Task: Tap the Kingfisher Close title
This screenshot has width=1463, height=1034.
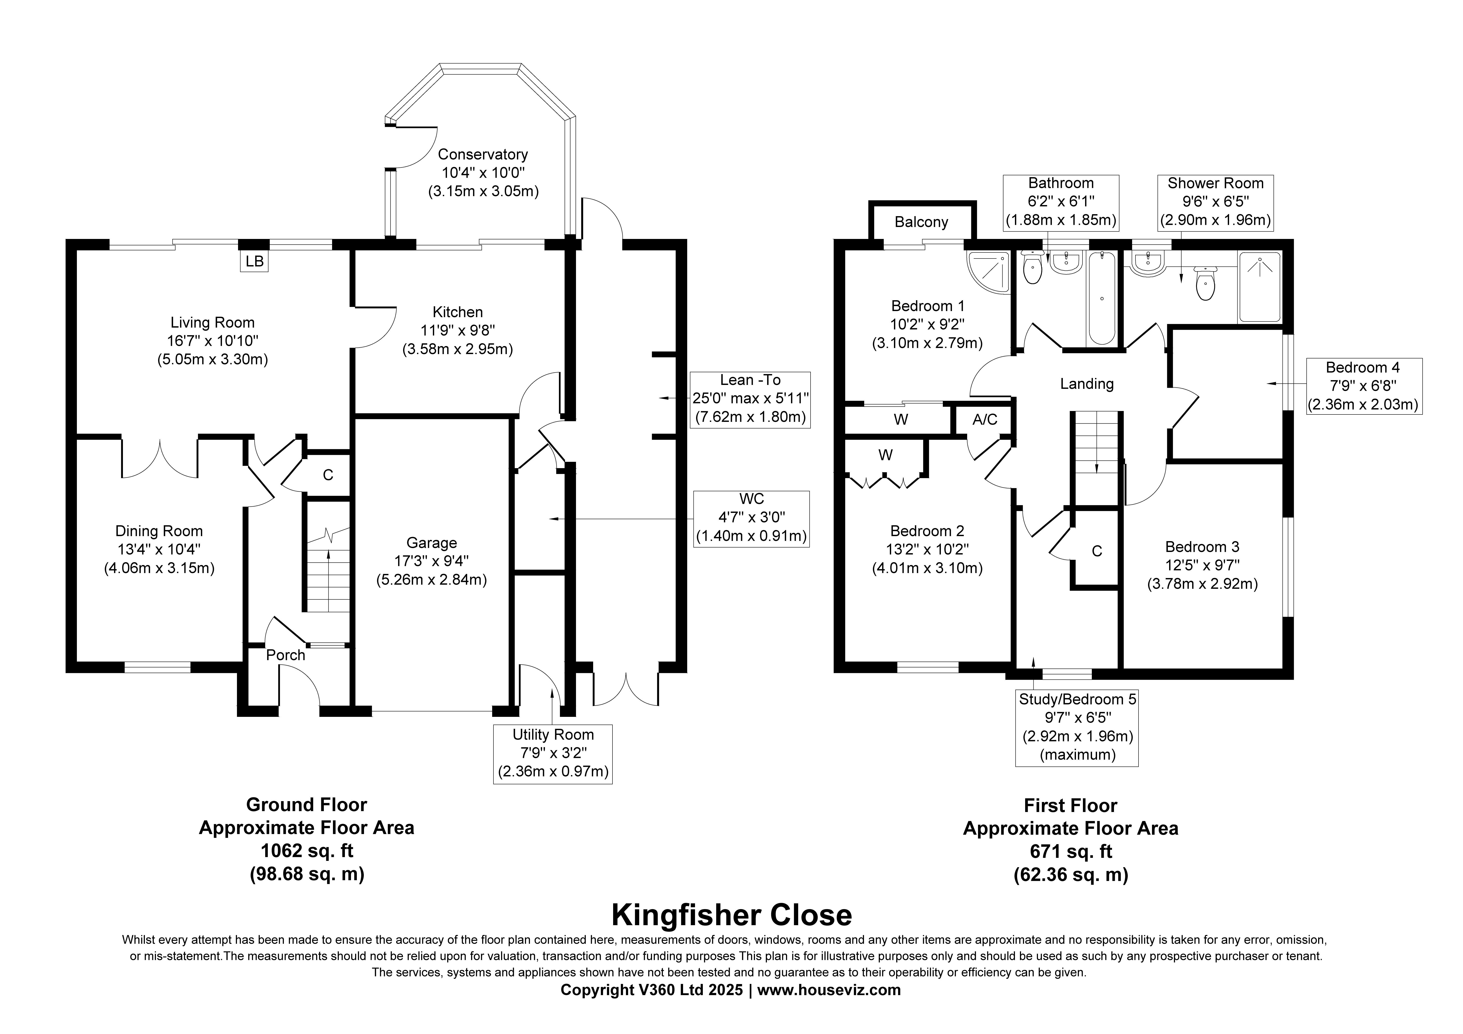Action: (x=731, y=915)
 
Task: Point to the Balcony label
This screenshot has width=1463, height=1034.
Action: (x=921, y=222)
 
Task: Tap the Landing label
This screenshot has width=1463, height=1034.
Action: (x=1087, y=384)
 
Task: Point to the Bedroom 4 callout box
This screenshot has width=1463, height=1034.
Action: (x=1363, y=386)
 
